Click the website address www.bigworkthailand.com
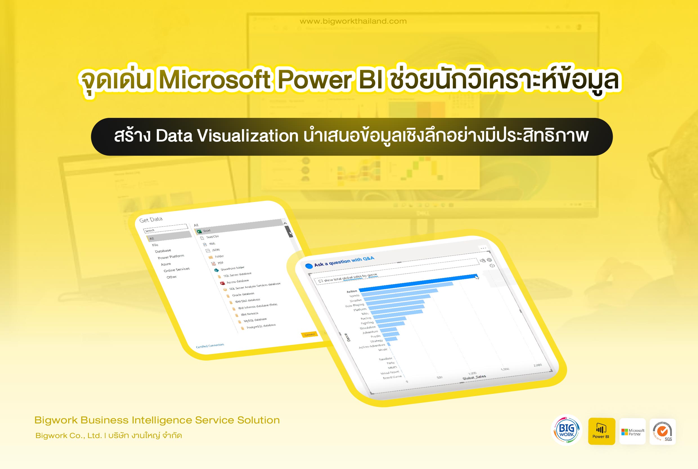point(353,21)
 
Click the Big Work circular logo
point(566,430)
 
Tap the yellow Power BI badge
point(602,431)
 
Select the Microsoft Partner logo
point(632,432)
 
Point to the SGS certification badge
point(663,432)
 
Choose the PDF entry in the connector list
point(220,263)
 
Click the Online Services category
point(176,270)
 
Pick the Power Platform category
point(171,257)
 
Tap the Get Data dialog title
point(151,219)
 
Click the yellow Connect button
point(309,335)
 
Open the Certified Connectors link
point(210,345)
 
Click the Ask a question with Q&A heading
point(344,262)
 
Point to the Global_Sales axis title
point(474,378)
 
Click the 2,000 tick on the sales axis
point(537,365)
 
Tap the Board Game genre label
point(392,377)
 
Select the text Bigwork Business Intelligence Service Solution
point(157,420)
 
